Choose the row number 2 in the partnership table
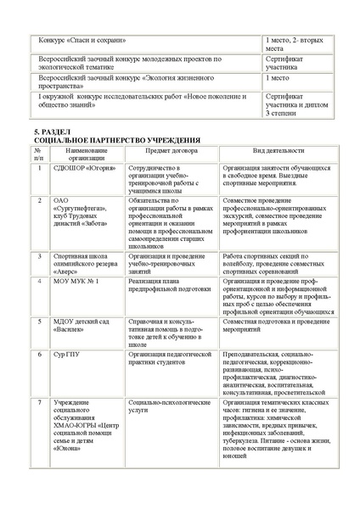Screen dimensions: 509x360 (38, 200)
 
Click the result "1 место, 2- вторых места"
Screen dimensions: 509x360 (294, 45)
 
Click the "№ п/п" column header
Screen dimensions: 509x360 (38, 154)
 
